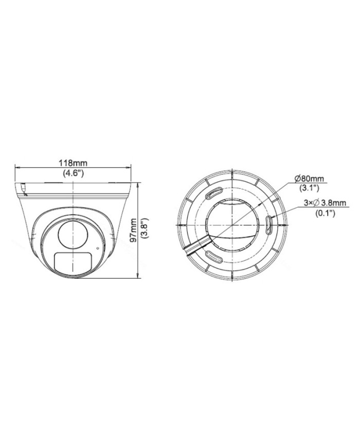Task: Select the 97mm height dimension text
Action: [133, 229]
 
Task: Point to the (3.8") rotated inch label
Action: [146, 229]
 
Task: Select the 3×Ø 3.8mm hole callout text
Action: [317, 203]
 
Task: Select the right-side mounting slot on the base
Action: [271, 224]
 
